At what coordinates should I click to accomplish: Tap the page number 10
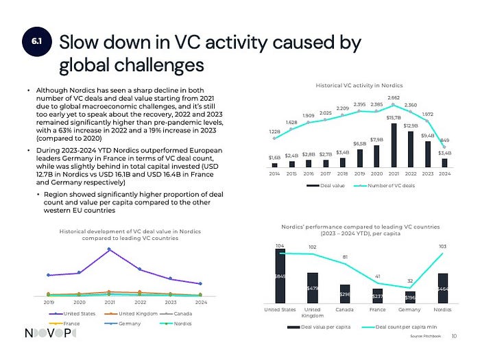pyautogui.click(x=455, y=335)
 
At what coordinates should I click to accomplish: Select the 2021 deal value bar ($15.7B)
pyautogui.click(x=394, y=145)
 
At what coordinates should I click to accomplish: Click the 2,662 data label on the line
pyautogui.click(x=394, y=98)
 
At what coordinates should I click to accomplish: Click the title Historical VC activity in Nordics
pyautogui.click(x=359, y=85)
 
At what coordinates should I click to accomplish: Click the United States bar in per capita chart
pyautogui.click(x=280, y=276)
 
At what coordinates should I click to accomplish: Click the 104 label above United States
pyautogui.click(x=279, y=245)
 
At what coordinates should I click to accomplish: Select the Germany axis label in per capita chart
pyautogui.click(x=410, y=310)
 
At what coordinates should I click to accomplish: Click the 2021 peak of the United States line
pyautogui.click(x=109, y=250)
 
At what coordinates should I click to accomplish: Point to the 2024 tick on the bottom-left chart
pyautogui.click(x=201, y=301)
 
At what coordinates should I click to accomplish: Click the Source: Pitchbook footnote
pyautogui.click(x=426, y=337)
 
